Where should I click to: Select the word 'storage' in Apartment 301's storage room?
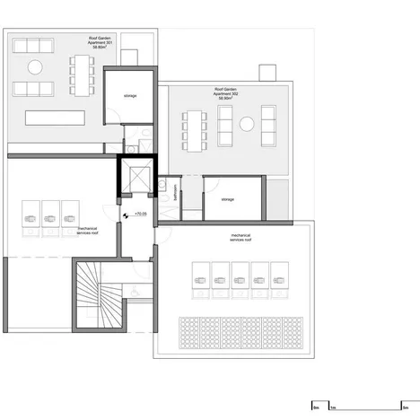pyautogui.click(x=131, y=94)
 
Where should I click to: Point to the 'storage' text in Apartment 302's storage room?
pyautogui.click(x=227, y=200)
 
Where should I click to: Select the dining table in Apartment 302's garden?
pyautogui.click(x=196, y=130)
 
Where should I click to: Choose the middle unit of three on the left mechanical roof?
pyautogui.click(x=49, y=216)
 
